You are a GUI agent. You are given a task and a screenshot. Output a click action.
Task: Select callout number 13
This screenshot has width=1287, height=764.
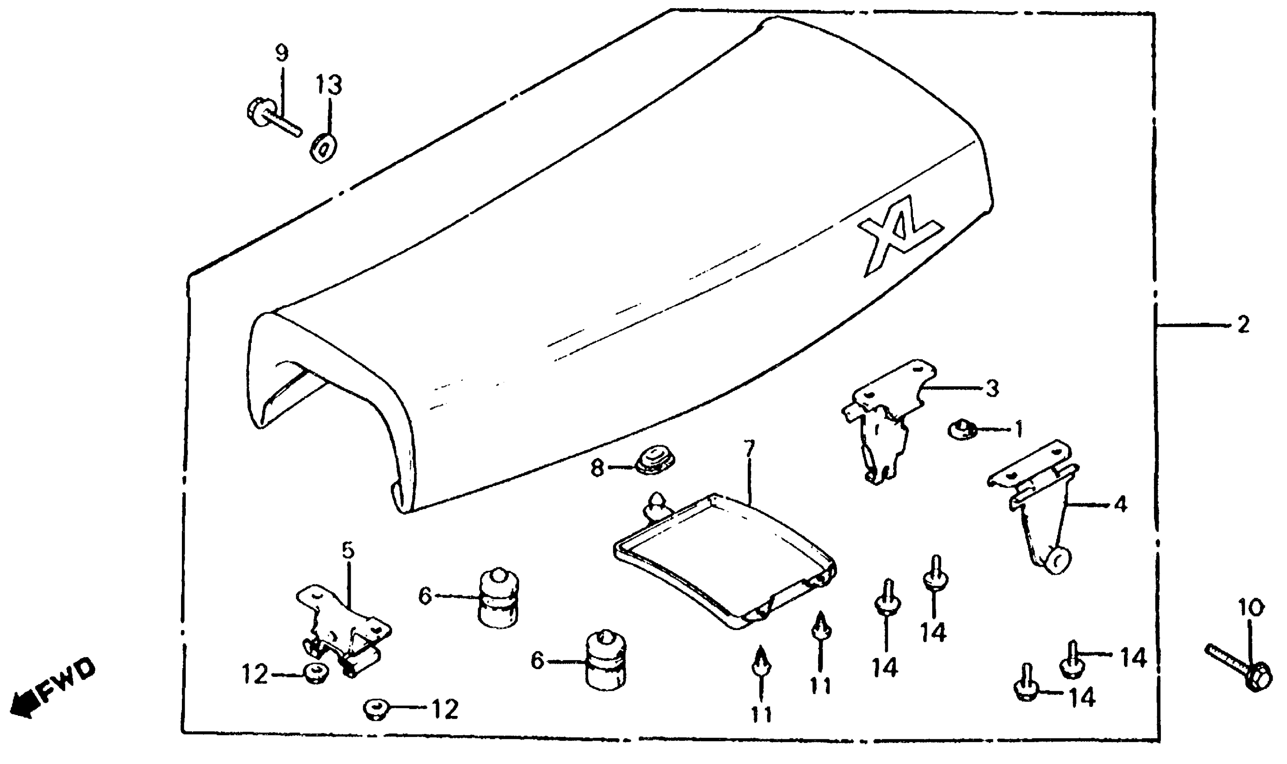(x=329, y=85)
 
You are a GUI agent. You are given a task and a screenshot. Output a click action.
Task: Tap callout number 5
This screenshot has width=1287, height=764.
(x=348, y=551)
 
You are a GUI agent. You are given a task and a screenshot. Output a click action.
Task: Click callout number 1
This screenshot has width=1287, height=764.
(x=1018, y=429)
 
